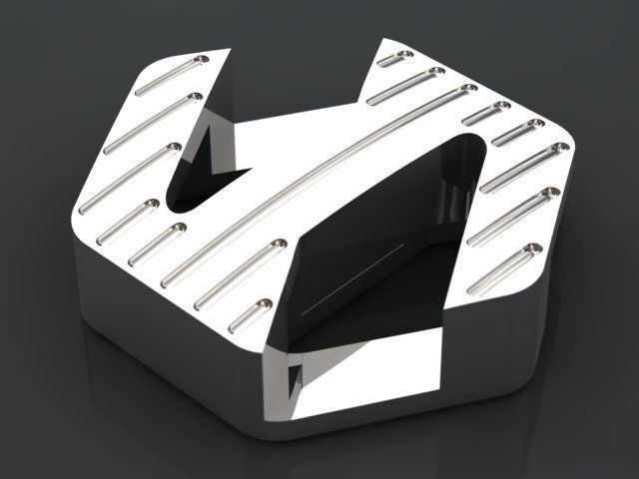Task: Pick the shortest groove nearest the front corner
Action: point(252,314)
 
